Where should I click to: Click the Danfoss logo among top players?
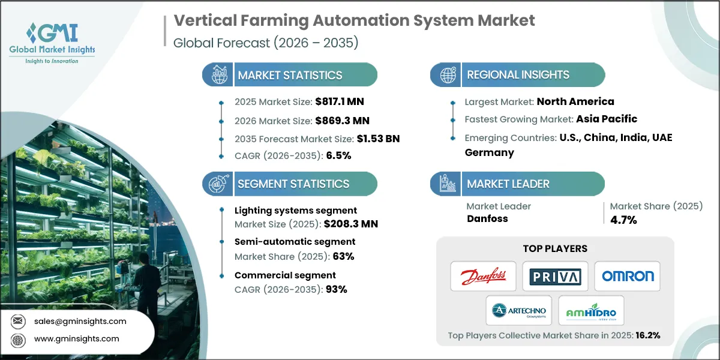coord(483,277)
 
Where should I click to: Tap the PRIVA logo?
coord(555,277)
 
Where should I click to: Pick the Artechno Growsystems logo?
coord(519,311)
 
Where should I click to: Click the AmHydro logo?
coord(591,311)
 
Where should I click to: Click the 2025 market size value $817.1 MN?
coord(339,103)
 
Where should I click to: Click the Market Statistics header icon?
coord(217,75)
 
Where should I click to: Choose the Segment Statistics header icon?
coord(217,184)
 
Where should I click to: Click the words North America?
coord(575,101)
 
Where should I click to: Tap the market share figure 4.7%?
coord(623,220)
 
